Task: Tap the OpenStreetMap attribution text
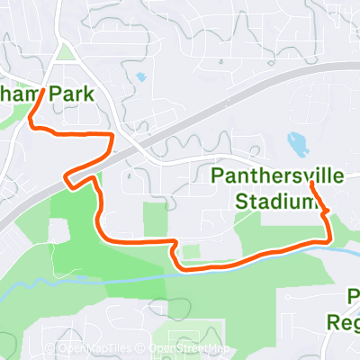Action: [190, 349]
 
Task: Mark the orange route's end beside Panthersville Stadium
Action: [310, 184]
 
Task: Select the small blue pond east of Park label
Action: [139, 76]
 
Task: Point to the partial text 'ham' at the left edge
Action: [17, 94]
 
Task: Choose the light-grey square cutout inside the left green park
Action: [59, 230]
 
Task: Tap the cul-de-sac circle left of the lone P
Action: [286, 296]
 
